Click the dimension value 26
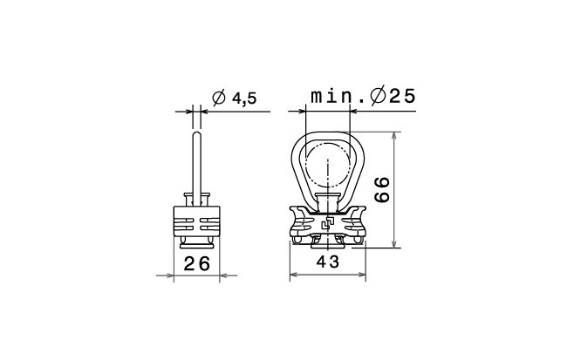(197, 263)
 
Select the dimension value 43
(328, 262)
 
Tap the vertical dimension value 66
(382, 190)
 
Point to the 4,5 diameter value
(244, 98)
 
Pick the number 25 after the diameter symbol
(402, 96)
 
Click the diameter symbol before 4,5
(219, 98)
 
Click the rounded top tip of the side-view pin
(197, 133)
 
